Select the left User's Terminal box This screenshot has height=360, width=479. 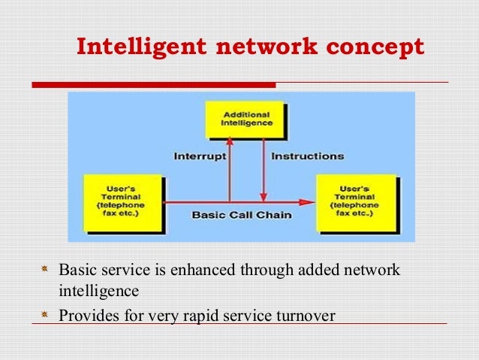[x=123, y=202]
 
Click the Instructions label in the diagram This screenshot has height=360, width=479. [x=307, y=157]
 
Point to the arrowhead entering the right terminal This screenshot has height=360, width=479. [x=306, y=201]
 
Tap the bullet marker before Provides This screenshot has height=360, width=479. [x=47, y=316]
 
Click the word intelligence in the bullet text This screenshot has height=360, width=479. [x=98, y=288]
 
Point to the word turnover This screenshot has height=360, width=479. [x=306, y=316]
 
